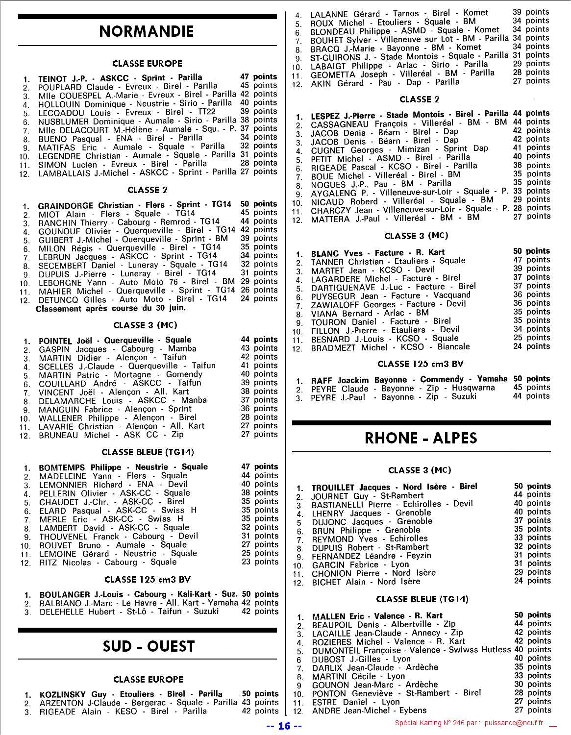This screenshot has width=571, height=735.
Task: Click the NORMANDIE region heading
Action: [x=147, y=31]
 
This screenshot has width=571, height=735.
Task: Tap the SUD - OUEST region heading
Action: [x=149, y=646]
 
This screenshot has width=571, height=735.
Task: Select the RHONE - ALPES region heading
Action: [x=421, y=438]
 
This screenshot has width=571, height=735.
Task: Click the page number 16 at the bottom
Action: [x=284, y=726]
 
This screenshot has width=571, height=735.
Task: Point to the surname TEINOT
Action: [x=52, y=78]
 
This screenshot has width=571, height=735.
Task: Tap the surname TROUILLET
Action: [x=332, y=488]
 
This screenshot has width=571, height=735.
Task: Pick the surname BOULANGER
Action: [x=65, y=595]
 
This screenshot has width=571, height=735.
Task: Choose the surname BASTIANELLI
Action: [x=338, y=505]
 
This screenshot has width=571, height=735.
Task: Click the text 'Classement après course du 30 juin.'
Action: [x=111, y=309]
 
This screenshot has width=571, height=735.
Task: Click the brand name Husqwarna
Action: [x=473, y=388]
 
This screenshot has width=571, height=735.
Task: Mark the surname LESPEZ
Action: [x=325, y=116]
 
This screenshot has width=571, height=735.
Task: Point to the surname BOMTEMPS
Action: [x=62, y=467]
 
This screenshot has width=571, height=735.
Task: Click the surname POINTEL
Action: [x=55, y=341]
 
